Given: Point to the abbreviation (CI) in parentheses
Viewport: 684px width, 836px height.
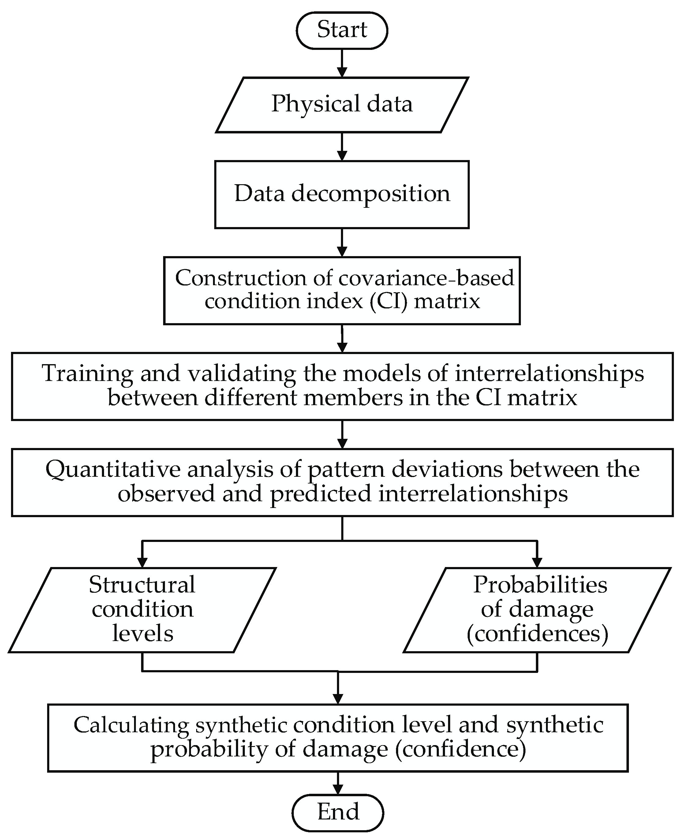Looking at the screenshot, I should [x=388, y=302].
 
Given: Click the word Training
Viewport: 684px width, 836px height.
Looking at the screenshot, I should [x=88, y=374].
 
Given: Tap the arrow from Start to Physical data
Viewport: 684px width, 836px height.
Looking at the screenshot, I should [x=342, y=63].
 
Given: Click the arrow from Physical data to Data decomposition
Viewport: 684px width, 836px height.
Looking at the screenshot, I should [x=342, y=147].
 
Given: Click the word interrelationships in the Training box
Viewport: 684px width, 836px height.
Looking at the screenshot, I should [x=549, y=374].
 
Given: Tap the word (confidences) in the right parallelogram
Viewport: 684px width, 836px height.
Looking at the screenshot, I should [x=537, y=634].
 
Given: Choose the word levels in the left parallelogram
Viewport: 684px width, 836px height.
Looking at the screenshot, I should [x=143, y=634].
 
